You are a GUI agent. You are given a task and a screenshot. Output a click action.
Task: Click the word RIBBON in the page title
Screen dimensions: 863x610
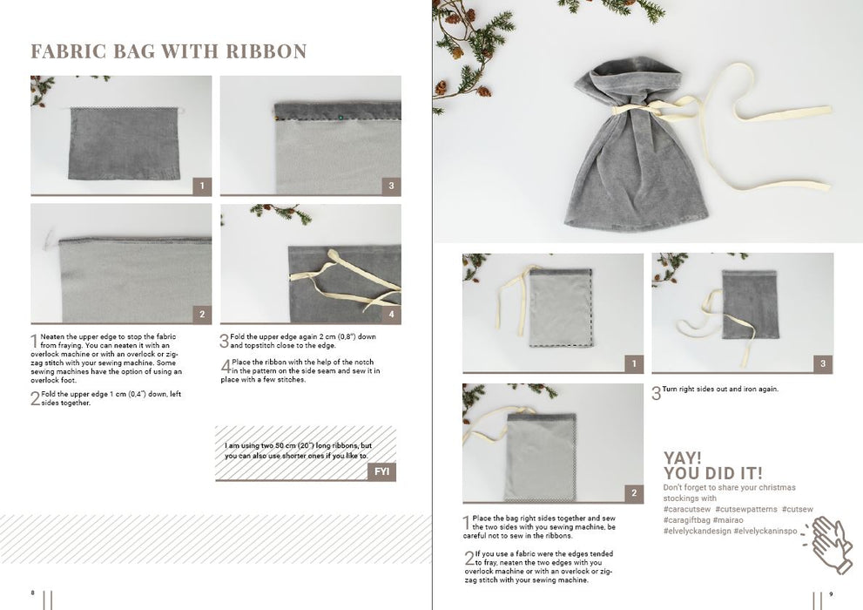[266, 51]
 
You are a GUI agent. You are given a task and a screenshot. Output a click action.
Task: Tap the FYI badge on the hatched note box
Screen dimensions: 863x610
[382, 471]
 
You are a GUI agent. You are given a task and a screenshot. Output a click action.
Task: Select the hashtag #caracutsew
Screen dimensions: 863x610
[687, 509]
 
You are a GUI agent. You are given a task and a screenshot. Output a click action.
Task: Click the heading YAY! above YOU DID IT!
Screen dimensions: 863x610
[683, 458]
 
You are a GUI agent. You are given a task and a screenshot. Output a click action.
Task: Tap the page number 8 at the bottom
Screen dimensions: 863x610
[32, 593]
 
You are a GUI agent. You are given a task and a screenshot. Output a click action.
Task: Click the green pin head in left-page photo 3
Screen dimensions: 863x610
[340, 117]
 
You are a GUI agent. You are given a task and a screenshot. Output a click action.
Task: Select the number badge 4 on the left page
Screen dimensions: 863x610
[391, 315]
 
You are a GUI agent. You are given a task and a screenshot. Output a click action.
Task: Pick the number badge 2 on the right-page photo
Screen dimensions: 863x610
[634, 493]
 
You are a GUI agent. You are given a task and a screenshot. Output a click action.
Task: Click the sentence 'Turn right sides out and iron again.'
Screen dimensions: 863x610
[720, 390]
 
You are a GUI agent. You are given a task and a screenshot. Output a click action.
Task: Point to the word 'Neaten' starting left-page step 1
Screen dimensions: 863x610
[52, 336]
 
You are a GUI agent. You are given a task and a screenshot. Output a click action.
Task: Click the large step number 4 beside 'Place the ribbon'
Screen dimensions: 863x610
[226, 366]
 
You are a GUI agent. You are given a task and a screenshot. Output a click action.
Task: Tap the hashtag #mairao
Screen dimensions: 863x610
[728, 520]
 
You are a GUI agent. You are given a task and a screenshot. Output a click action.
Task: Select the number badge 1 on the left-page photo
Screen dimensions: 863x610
[202, 186]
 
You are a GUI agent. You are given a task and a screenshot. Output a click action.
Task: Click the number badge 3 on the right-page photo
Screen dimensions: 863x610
[823, 363]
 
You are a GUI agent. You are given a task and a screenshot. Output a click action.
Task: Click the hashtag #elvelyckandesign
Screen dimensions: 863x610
[698, 532]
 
